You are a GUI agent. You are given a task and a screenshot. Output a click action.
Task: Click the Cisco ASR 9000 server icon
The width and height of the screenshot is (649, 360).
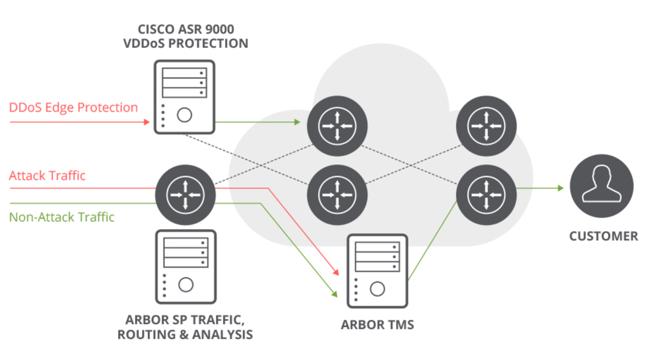184,97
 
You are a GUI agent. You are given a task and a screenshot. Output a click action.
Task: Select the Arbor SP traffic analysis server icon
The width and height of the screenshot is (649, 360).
186,266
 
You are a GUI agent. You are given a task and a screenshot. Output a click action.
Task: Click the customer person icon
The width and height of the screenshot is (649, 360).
601,188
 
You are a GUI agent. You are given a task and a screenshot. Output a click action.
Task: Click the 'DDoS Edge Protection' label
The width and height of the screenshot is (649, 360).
73,107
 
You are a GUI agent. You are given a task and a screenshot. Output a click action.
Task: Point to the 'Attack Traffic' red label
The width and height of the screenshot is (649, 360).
47,175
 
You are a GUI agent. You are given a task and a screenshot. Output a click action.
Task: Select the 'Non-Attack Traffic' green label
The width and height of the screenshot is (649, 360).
62,217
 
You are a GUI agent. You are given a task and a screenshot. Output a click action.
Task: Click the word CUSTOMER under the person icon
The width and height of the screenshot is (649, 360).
603,236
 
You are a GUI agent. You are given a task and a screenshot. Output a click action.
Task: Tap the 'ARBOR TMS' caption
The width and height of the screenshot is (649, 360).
377,324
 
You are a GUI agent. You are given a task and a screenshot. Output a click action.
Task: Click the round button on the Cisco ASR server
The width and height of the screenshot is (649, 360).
184,115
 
